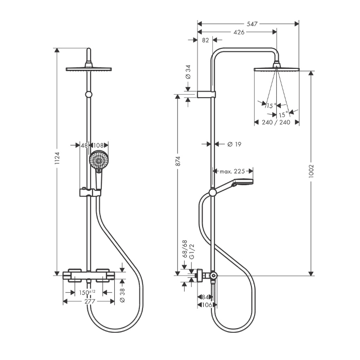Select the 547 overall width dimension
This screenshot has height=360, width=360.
(251, 24)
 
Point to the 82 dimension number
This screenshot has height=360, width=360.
(205, 40)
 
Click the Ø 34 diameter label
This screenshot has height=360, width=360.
(188, 72)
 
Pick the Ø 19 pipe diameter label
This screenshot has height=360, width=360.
(234, 145)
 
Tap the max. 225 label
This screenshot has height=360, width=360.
(232, 171)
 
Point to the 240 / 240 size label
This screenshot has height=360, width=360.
(277, 122)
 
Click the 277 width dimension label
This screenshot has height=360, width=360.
(89, 301)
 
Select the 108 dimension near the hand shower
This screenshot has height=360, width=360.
(99, 145)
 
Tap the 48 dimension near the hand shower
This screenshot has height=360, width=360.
(84, 145)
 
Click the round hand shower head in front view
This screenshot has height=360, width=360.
(99, 160)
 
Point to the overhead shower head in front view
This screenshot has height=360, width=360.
(89, 69)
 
